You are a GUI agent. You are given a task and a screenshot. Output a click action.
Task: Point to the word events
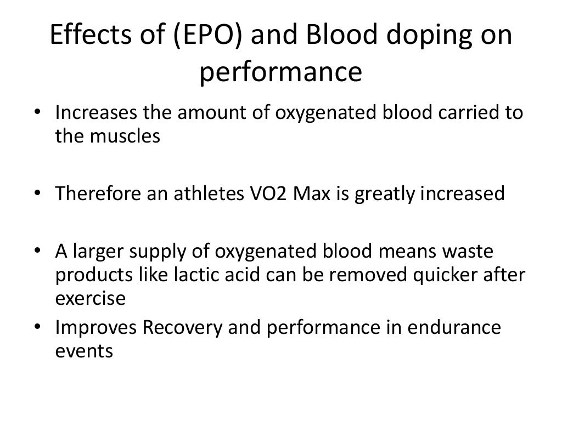pos(84,351)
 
